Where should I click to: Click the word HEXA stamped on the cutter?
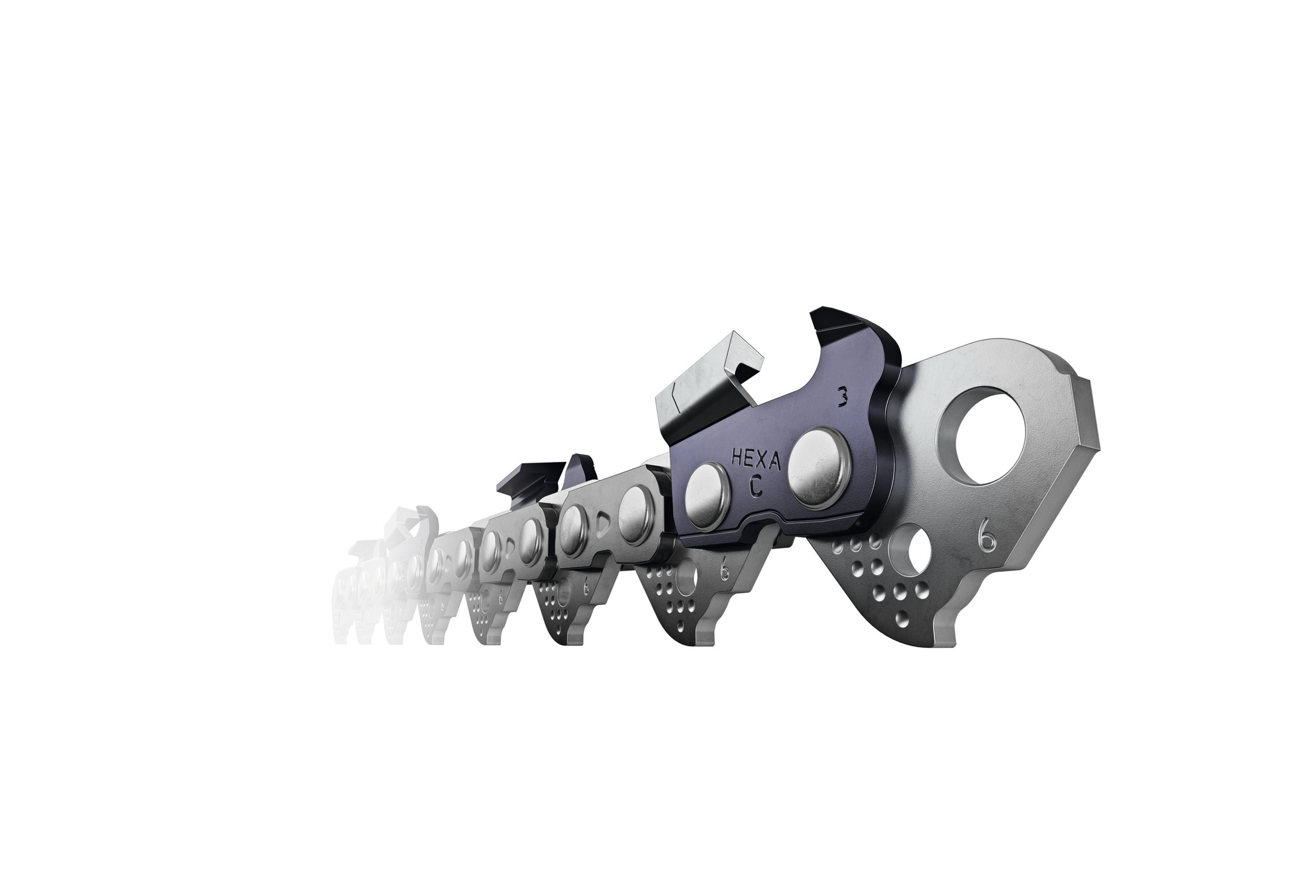[754, 458]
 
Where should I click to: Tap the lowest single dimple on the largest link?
[901, 619]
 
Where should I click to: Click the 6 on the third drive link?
[586, 589]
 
